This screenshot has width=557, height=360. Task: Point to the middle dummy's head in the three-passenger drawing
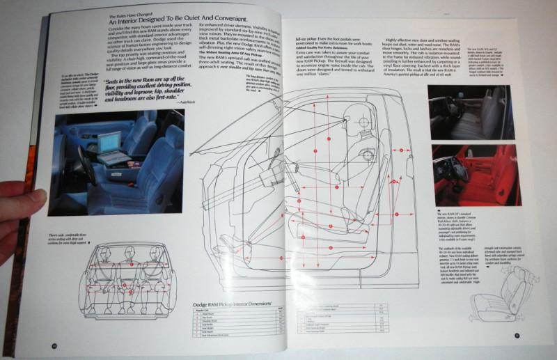[x=132, y=251]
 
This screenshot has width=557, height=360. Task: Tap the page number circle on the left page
[x=53, y=344]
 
